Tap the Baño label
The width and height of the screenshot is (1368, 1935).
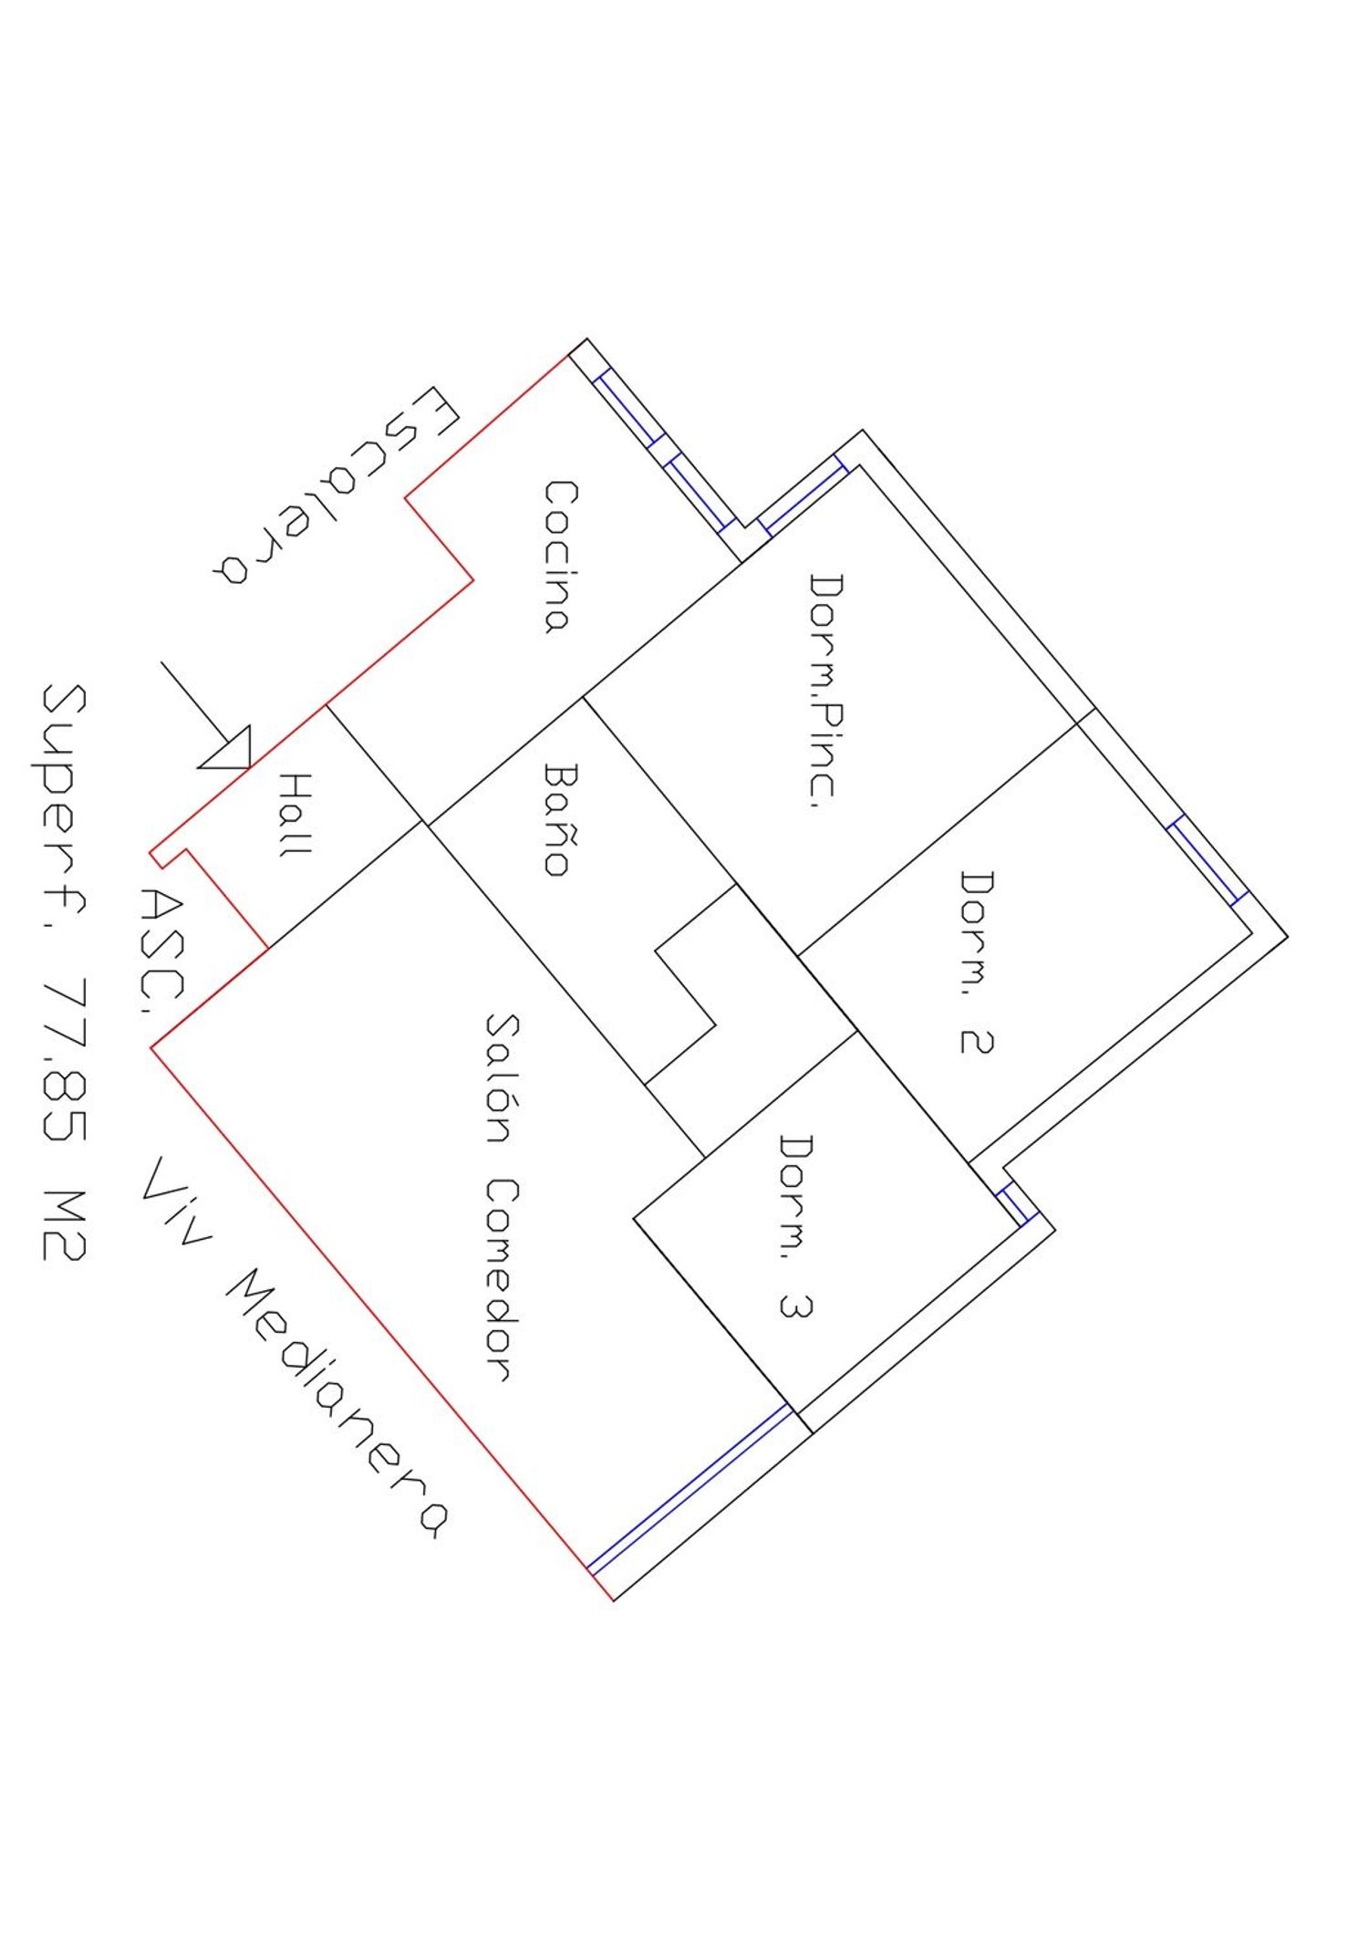[558, 819]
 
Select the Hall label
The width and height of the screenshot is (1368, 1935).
[295, 815]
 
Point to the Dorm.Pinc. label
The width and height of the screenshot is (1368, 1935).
[826, 690]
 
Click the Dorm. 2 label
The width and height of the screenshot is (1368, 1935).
[976, 962]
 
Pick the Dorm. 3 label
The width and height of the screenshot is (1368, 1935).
[795, 1225]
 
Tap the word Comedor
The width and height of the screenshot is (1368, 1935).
[501, 1279]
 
